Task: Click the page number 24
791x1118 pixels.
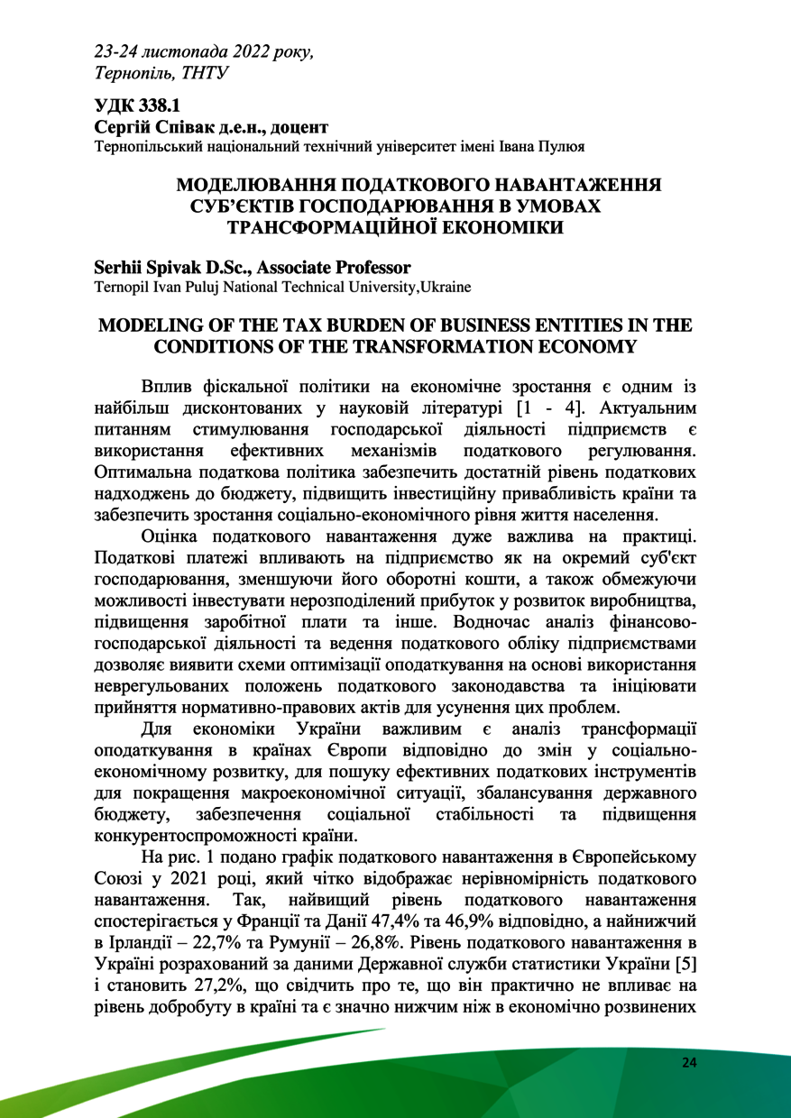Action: (689, 1063)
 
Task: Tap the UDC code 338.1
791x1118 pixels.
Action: (152, 106)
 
